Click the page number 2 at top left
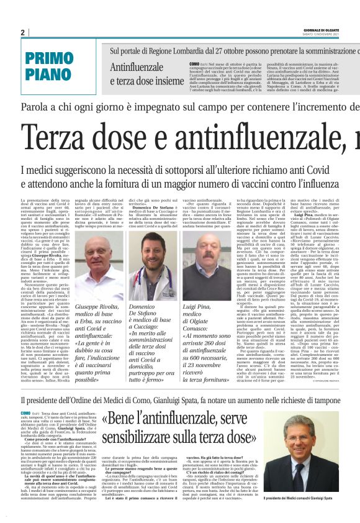coord(22,32)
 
